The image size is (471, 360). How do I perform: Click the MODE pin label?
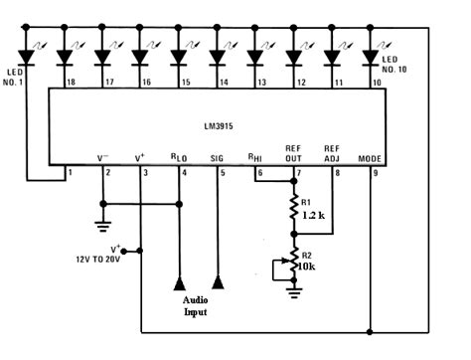367,158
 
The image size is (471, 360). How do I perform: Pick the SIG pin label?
218,158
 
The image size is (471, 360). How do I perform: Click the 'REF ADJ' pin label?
333,152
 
